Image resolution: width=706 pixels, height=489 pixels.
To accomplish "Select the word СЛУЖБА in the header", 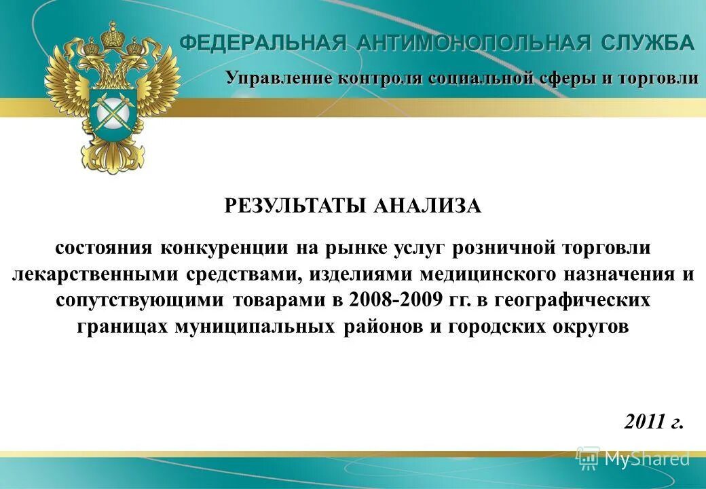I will pyautogui.click(x=647, y=43).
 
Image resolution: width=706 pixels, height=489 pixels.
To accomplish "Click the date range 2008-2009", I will pyautogui.click(x=390, y=300).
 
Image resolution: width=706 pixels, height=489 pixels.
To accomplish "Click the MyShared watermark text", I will pyautogui.click(x=646, y=459).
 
